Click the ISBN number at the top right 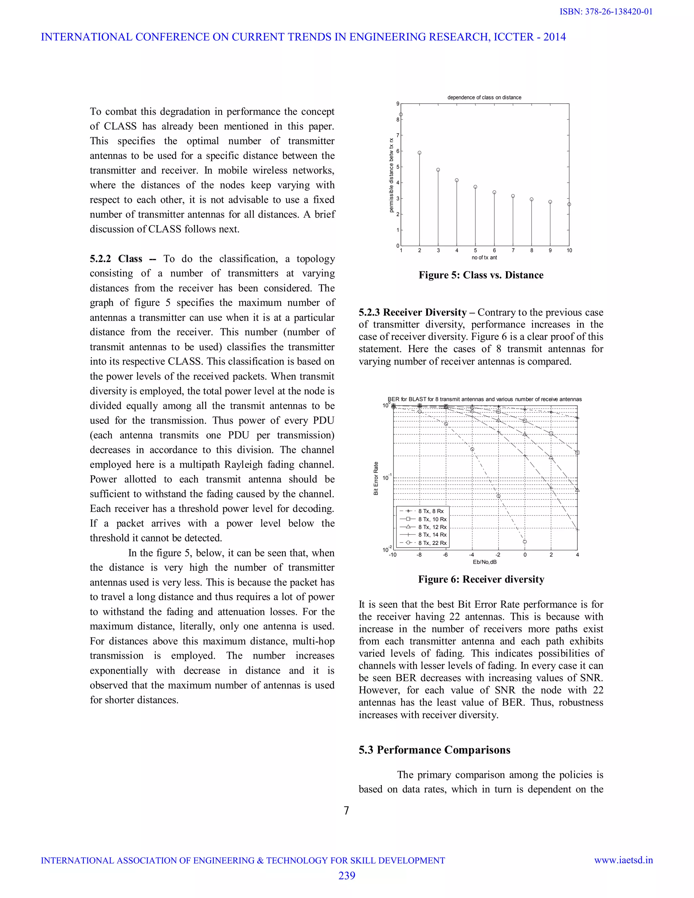606,12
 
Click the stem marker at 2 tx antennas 420,152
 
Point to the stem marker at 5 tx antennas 475,187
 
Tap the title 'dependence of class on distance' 484,98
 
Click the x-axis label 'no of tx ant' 484,258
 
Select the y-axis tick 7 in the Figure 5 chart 397,135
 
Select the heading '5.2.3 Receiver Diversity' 412,312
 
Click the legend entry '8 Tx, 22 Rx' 432,543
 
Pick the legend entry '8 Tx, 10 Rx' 432,519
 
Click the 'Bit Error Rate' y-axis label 376,478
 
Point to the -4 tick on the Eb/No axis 472,555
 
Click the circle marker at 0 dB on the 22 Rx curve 525,542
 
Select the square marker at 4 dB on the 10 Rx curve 577,453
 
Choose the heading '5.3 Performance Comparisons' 434,750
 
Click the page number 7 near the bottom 347,811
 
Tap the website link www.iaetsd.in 623,860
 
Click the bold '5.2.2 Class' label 116,259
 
